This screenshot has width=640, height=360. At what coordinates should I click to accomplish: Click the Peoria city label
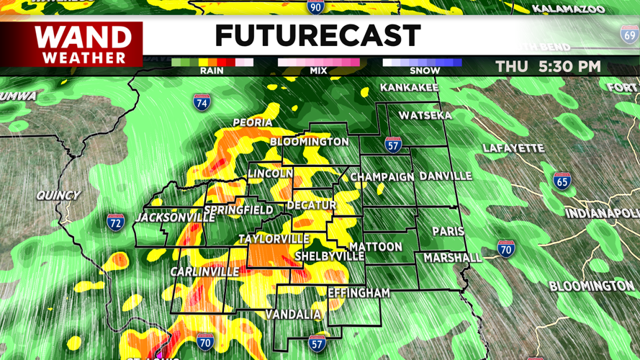253,123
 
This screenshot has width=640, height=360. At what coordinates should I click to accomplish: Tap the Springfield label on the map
238,211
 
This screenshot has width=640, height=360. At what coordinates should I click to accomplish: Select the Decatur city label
312,205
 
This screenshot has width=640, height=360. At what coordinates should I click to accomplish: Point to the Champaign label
382,177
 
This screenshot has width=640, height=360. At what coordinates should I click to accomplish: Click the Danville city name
446,176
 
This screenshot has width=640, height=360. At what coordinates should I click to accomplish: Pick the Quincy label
58,195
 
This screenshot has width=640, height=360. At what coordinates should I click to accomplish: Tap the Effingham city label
359,293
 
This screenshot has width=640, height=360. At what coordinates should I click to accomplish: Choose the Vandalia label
293,315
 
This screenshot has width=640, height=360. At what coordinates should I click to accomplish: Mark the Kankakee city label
409,88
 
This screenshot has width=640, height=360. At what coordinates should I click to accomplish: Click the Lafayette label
513,148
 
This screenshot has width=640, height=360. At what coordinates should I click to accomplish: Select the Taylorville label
274,239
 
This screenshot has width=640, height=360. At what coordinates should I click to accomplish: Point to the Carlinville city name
204,271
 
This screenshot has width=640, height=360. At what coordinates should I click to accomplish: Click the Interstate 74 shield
202,102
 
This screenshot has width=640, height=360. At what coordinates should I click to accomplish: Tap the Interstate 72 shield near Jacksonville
115,222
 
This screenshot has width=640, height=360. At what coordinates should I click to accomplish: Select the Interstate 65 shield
562,181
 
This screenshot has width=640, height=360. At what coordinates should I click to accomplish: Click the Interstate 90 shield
315,6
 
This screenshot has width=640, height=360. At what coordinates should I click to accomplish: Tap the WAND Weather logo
84,44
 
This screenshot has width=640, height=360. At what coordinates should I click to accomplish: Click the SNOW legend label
425,71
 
